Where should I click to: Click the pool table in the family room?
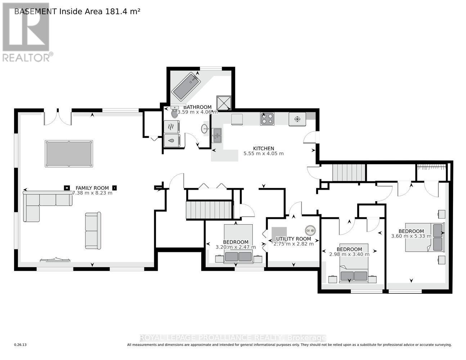point(69,154)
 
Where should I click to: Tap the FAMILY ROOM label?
point(92,188)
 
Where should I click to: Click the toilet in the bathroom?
point(175,113)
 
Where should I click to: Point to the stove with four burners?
point(267,119)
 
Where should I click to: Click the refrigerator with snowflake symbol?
point(297,119)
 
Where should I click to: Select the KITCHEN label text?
point(264,148)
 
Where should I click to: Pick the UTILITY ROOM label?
point(294,239)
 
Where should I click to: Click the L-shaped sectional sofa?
point(40,203)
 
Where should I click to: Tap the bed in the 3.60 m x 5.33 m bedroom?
point(425,238)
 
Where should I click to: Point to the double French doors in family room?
point(58,117)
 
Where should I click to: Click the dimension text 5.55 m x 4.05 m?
point(264,154)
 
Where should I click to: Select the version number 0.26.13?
point(21,345)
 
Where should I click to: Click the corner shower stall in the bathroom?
point(223,103)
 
